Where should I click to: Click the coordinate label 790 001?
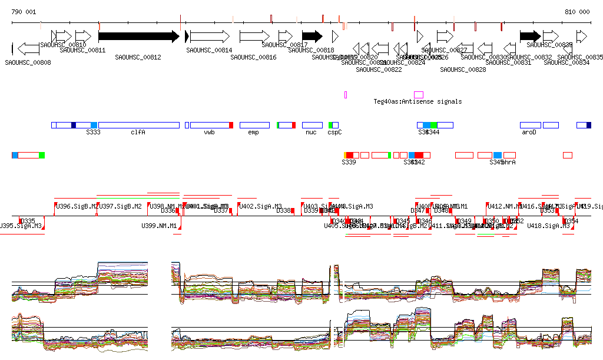[24, 12]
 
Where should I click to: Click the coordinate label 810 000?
[577, 12]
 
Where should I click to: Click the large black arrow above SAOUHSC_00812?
[138, 37]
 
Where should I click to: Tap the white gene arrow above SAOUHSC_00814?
[210, 37]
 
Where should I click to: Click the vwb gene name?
[209, 133]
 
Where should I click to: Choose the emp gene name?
[254, 133]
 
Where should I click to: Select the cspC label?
[334, 133]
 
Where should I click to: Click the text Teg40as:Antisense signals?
[418, 101]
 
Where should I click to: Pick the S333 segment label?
[93, 133]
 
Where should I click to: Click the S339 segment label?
[349, 162]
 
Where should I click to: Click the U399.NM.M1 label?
[159, 226]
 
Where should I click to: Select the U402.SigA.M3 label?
[260, 206]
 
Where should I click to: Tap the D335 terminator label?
[28, 221]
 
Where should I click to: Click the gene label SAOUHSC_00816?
[253, 58]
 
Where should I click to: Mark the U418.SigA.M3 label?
[548, 226]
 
